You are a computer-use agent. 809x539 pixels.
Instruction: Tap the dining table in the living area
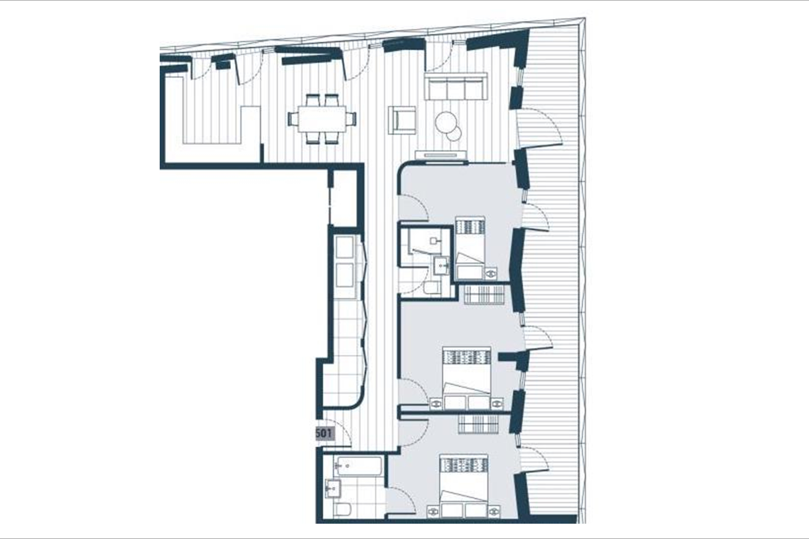click(x=322, y=119)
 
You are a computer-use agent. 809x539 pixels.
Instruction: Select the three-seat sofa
click(x=456, y=86)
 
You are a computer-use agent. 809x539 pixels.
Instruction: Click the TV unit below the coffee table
click(x=441, y=155)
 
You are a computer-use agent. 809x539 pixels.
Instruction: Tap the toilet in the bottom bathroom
click(x=342, y=509)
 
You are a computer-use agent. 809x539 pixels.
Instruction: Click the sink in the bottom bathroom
click(x=333, y=488)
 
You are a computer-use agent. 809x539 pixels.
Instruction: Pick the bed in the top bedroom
click(x=470, y=247)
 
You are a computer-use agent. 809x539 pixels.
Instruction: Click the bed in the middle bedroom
click(x=467, y=378)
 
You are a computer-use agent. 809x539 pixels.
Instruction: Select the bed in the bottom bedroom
click(x=464, y=486)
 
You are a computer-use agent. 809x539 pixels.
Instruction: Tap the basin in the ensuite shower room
click(x=441, y=265)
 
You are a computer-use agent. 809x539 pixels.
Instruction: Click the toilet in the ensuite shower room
click(x=432, y=287)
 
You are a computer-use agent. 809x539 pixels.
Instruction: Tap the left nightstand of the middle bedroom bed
click(x=436, y=404)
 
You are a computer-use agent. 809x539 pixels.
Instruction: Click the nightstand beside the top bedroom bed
click(x=491, y=274)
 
